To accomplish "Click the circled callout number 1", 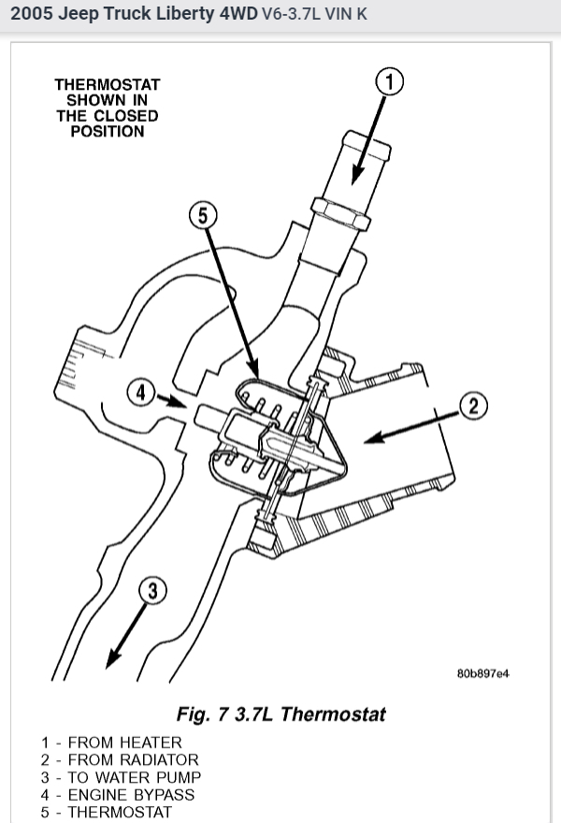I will (x=390, y=82).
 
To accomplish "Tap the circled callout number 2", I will (x=473, y=406).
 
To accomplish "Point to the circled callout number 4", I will (x=141, y=393).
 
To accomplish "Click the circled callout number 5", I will (x=202, y=215).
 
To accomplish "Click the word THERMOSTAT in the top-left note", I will (x=107, y=84).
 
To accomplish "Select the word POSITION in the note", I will (x=107, y=132).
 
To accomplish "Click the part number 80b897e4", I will (x=482, y=672).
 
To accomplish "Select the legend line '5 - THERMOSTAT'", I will (x=107, y=812).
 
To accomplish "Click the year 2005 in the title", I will (x=32, y=15).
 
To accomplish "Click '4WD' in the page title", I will (x=234, y=15).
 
